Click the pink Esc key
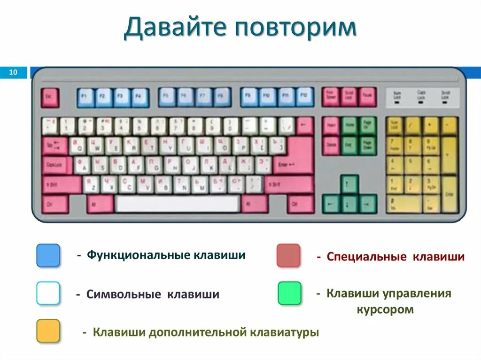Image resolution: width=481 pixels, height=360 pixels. click(x=49, y=98)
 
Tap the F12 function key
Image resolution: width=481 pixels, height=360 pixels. click(x=304, y=97)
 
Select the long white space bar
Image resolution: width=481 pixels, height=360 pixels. click(x=178, y=204)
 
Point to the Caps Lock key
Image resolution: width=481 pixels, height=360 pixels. click(x=56, y=165)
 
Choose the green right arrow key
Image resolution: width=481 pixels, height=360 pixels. click(x=368, y=204)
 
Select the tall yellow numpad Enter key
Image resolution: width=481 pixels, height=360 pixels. click(x=450, y=194)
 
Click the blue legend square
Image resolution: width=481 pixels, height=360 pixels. click(x=48, y=255)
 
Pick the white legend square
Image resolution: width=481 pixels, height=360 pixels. click(x=48, y=293)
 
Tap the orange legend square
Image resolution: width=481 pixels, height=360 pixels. click(x=48, y=331)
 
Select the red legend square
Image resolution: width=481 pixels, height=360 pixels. click(x=288, y=255)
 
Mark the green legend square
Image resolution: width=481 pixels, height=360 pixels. click(x=289, y=293)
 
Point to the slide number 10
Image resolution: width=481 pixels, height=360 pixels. click(x=13, y=72)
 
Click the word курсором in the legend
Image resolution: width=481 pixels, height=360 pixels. click(x=385, y=310)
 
